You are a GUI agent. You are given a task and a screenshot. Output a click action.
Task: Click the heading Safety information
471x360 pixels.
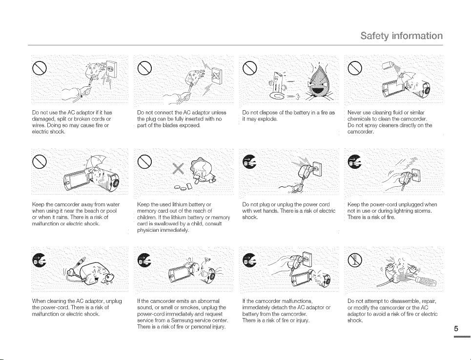coord(401,36)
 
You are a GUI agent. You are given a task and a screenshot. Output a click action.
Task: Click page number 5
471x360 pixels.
coord(456,328)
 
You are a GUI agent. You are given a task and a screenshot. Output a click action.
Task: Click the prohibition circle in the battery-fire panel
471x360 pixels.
coord(250,68)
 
